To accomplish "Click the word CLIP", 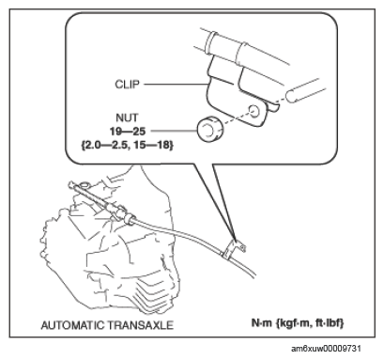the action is pyautogui.click(x=127, y=85).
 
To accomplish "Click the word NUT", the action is pyautogui.click(x=127, y=117).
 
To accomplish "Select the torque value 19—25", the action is pyautogui.click(x=128, y=132).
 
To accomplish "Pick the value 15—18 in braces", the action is pyautogui.click(x=153, y=145).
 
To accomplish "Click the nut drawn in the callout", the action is pyautogui.click(x=208, y=130).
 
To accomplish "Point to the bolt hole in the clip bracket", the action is pyautogui.click(x=254, y=111).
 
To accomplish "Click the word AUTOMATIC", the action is pyautogui.click(x=72, y=325).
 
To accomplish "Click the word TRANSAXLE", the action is pyautogui.click(x=140, y=325).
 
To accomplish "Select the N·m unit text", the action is pyautogui.click(x=262, y=322).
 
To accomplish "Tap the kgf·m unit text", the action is pyautogui.click(x=293, y=323).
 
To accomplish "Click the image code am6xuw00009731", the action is pyautogui.click(x=326, y=349).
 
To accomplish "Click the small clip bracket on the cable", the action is pyautogui.click(x=234, y=248).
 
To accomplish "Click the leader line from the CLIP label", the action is pyautogui.click(x=177, y=85).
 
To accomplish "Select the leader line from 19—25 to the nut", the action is pyautogui.click(x=174, y=131).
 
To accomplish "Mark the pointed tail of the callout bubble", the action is pyautogui.click(x=235, y=237).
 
